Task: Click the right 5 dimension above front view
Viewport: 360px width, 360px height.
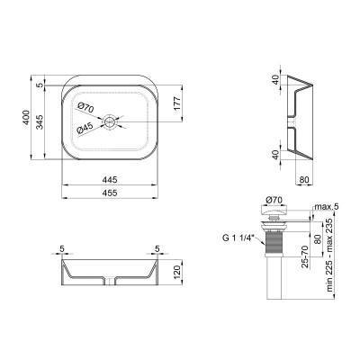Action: click(x=158, y=249)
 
